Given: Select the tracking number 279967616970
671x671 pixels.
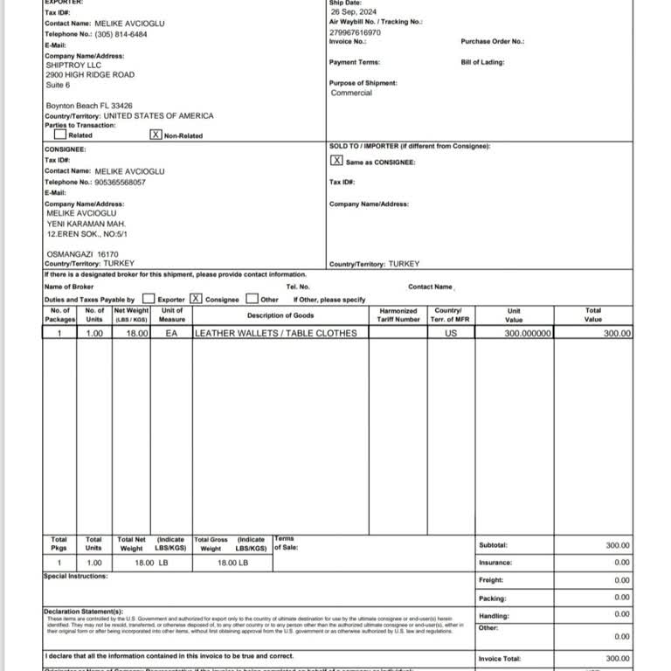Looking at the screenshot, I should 356,31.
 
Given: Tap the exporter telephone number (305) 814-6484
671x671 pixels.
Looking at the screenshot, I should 121,34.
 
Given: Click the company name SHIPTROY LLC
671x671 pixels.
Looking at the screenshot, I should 73,65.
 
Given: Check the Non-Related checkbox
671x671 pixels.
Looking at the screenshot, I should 156,135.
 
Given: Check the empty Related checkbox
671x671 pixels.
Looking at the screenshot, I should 59,135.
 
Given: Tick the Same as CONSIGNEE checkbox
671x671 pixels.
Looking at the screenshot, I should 336,161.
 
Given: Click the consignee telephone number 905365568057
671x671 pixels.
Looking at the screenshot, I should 120,182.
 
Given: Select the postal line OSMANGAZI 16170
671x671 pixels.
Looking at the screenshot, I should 81,254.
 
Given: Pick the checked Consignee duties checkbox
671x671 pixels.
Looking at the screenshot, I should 196,298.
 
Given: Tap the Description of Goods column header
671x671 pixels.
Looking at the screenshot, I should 280,315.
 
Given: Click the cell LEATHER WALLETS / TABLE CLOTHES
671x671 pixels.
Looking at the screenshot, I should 275,333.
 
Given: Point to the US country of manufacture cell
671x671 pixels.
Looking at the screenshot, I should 451,333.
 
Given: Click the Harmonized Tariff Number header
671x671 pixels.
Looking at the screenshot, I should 398,315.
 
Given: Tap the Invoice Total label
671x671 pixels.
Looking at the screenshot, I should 499,659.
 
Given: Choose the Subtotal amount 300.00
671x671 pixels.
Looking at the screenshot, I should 618,545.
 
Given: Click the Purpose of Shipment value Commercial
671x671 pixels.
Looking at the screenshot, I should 351,93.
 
